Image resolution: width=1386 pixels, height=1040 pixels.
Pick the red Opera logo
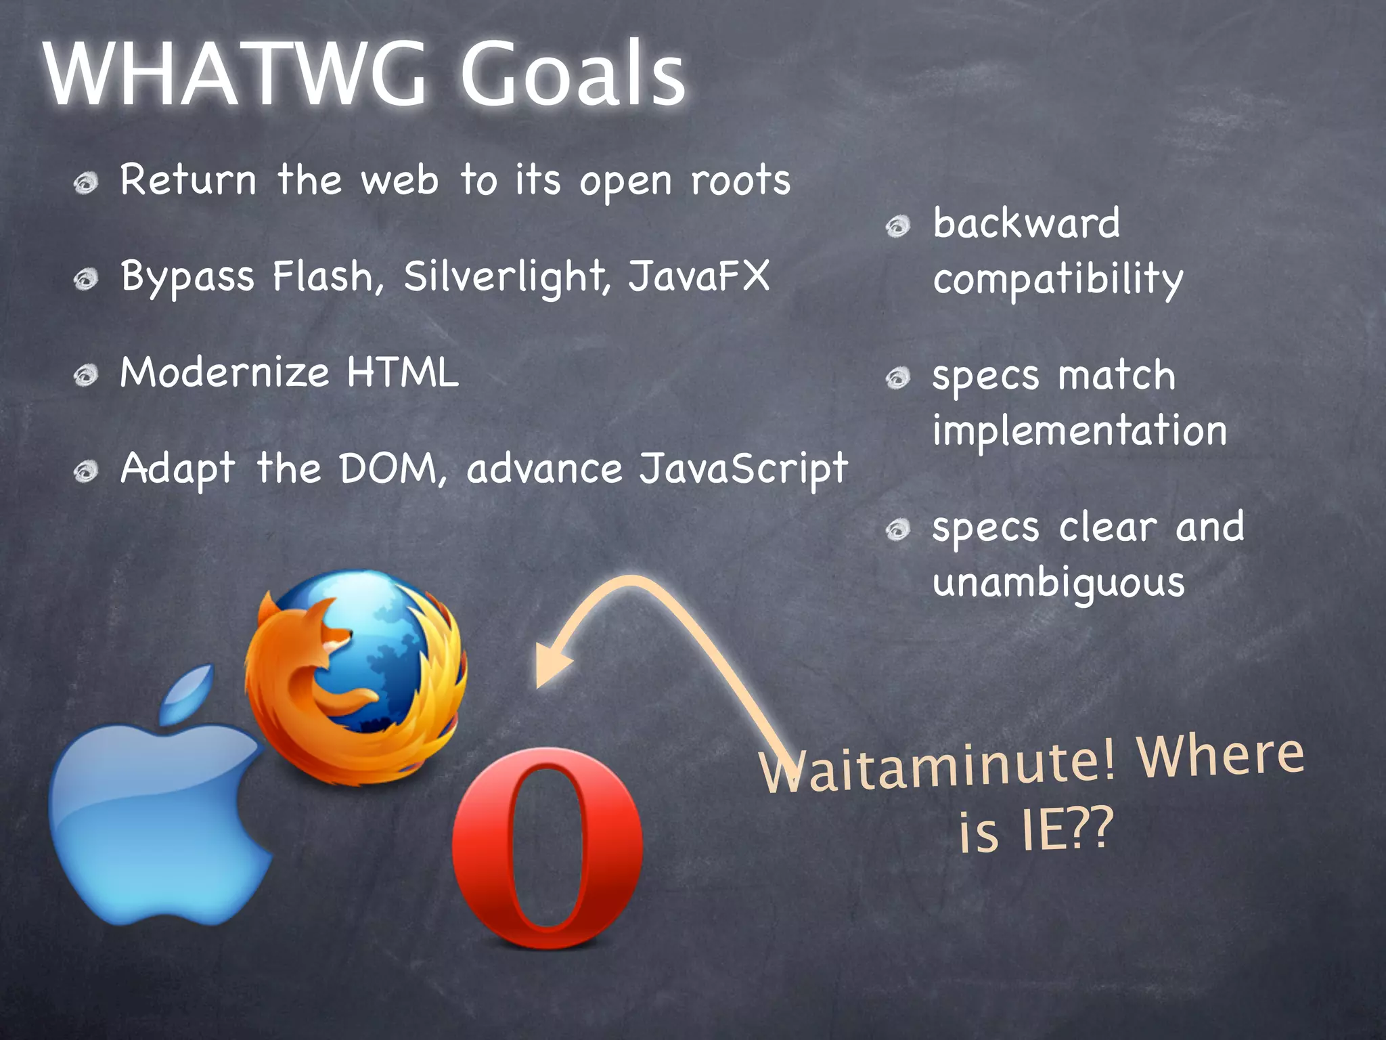(547, 847)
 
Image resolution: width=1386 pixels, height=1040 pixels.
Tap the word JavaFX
(699, 276)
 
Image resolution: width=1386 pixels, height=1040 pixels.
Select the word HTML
(403, 372)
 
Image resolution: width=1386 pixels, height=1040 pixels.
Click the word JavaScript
(743, 469)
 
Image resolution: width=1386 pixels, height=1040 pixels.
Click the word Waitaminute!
(937, 768)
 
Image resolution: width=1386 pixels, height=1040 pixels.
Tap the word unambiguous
(1058, 583)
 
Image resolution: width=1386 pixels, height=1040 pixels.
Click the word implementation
(1079, 430)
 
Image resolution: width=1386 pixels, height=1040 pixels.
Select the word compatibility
(1058, 279)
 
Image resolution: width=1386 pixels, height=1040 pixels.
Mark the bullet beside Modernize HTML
(86, 374)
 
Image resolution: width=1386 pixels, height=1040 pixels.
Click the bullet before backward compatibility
(898, 225)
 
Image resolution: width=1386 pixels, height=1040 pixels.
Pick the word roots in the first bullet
(740, 180)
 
